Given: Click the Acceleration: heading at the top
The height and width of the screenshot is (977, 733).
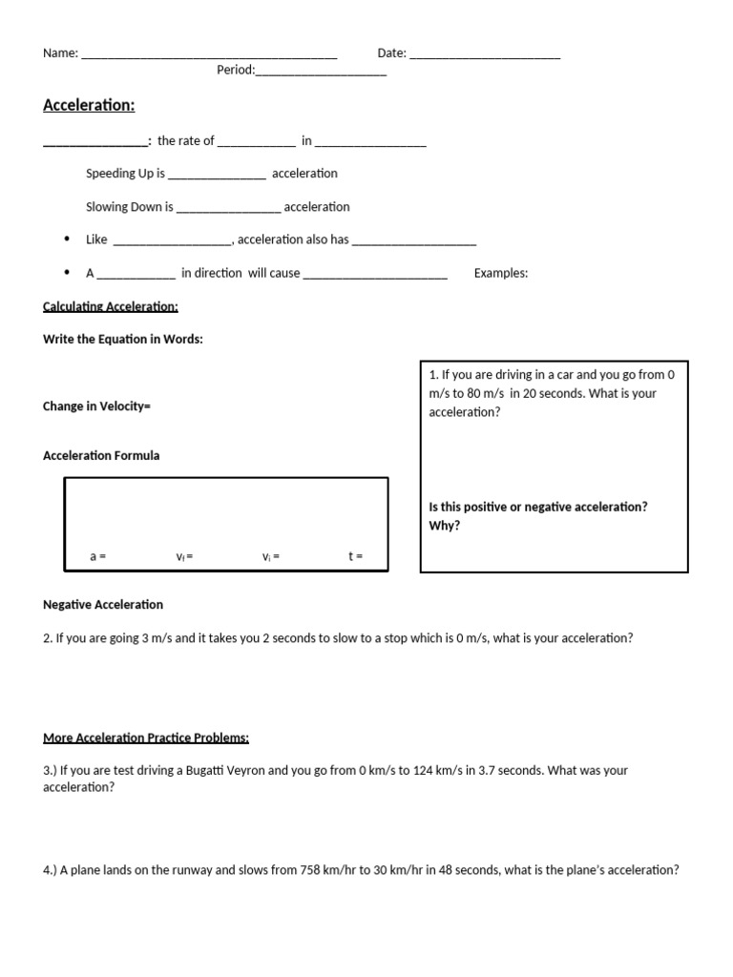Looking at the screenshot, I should click(x=89, y=105).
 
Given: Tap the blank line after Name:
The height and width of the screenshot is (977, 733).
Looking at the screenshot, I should click(x=209, y=55).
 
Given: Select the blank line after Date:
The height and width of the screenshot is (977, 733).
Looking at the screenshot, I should click(x=484, y=55).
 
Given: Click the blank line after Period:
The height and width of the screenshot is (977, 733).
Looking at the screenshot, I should click(x=321, y=72).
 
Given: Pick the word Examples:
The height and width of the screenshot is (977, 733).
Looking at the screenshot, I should click(x=501, y=273).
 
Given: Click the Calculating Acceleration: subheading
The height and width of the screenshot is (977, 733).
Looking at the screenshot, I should click(x=111, y=306).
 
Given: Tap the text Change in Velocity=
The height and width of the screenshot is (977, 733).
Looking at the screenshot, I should click(x=97, y=406).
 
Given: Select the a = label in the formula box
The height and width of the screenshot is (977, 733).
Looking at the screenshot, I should click(x=97, y=556).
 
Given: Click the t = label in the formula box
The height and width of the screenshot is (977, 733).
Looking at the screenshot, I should click(x=355, y=556).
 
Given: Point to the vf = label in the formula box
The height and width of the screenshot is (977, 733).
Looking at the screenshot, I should click(x=184, y=556).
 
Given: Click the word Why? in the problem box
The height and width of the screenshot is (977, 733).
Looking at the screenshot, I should click(x=445, y=526).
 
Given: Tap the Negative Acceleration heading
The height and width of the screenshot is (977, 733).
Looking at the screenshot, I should click(x=103, y=605).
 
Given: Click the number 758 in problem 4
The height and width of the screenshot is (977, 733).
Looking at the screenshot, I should click(x=311, y=870).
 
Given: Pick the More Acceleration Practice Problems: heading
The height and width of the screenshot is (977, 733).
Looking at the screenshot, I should click(x=146, y=738).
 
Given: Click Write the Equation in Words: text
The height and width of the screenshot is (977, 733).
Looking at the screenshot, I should click(x=123, y=340).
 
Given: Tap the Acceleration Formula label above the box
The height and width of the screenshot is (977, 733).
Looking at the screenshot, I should click(x=101, y=456).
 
